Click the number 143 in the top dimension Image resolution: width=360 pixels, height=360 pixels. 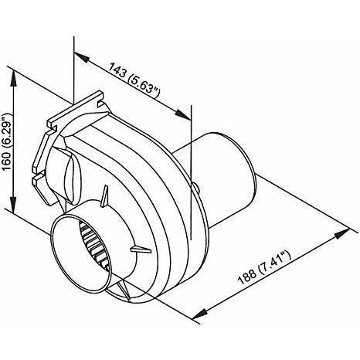117,70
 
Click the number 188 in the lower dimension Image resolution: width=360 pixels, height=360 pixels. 247,275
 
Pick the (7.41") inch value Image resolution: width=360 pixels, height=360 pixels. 275,260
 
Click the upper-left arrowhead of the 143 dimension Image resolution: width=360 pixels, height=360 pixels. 82,57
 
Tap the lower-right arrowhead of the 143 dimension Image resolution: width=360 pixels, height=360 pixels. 183,114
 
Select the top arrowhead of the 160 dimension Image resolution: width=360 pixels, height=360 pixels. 13,78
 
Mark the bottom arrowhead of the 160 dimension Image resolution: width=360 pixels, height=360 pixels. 13,204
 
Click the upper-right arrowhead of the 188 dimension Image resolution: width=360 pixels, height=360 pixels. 341,233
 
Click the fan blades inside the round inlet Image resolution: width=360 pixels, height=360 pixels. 94,245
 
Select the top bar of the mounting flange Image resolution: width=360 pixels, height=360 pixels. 76,109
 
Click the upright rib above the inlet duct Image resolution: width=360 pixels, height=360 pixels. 104,196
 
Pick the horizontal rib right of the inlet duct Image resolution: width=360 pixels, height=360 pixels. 141,250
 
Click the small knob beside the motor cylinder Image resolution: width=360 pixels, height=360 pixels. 196,188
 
